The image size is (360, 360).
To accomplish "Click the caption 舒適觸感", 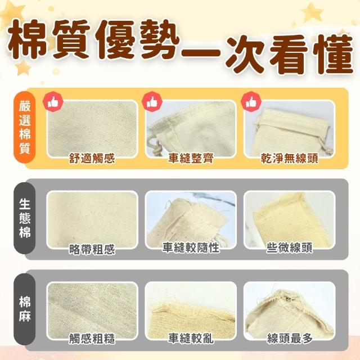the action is click(92, 158).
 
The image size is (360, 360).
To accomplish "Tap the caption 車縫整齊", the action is click(191, 158).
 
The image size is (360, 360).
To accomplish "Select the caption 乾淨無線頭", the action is click(289, 158).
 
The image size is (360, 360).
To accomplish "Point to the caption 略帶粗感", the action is click(92, 249).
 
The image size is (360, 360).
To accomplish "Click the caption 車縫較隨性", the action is click(191, 247).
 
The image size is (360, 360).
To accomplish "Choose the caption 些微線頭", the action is click(289, 247).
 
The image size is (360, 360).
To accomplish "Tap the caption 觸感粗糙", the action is click(92, 339).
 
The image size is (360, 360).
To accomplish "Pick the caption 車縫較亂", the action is click(191, 338).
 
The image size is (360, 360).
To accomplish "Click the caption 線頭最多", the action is click(290, 338).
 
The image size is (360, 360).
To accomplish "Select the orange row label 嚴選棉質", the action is click(25, 127).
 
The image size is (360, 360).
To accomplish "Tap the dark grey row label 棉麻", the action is click(25, 309).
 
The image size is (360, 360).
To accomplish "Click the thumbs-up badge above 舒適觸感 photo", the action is click(53, 102).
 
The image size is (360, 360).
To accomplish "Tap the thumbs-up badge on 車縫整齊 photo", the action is click(152, 102).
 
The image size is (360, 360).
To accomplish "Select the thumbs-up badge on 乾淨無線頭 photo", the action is click(251, 102).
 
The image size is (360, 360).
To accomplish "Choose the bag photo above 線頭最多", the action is click(289, 310).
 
